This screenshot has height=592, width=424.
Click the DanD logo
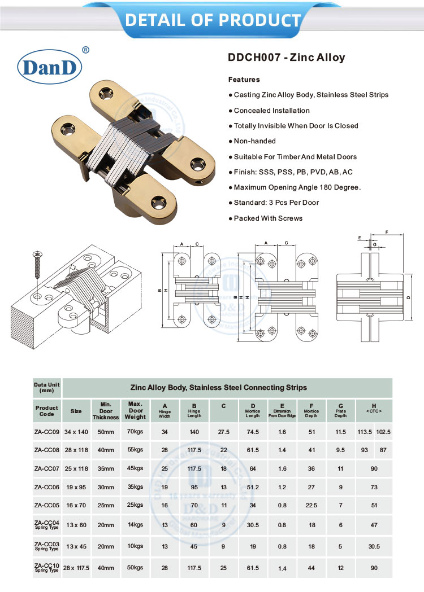pyautogui.click(x=51, y=67)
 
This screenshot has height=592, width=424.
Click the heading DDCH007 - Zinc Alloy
pyautogui.click(x=286, y=58)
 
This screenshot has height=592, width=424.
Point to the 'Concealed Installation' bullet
pyautogui.click(x=271, y=111)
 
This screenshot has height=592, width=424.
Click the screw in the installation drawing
pyautogui.click(x=37, y=265)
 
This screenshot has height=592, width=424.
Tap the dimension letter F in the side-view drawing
pyautogui.click(x=386, y=232)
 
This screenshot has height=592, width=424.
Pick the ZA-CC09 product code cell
pyautogui.click(x=47, y=432)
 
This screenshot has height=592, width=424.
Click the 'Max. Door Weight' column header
pyautogui.click(x=136, y=411)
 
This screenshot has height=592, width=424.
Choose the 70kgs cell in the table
pyautogui.click(x=136, y=432)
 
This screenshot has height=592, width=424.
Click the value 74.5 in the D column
pyautogui.click(x=253, y=432)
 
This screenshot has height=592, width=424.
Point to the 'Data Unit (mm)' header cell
pyautogui.click(x=47, y=388)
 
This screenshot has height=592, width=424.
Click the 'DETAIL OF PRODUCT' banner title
pyautogui.click(x=213, y=20)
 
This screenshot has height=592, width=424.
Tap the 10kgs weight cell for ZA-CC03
pyautogui.click(x=136, y=546)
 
